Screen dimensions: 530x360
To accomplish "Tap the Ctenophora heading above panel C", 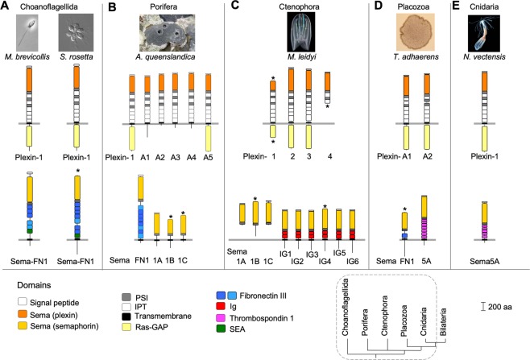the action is (299, 6).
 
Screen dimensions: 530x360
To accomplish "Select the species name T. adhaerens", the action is (416, 56).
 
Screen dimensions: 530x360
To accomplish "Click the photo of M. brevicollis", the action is (27, 32).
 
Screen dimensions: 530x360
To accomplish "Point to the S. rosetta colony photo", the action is (76, 32).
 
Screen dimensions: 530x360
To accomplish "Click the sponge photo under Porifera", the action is (167, 33).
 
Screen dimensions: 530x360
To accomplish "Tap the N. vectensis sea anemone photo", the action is (483, 33).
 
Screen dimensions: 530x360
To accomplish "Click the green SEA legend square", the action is (221, 329).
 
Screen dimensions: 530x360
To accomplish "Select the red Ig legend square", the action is (221, 306).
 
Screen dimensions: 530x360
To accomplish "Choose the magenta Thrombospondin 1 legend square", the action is (221, 318).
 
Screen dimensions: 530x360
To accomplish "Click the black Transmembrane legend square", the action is (126, 317).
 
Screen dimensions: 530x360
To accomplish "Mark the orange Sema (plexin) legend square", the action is (23, 315).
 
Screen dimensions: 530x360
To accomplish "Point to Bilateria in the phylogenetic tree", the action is (443, 321).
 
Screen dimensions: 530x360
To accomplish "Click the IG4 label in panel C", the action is (325, 261).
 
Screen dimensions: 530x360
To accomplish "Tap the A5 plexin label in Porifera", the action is (208, 158).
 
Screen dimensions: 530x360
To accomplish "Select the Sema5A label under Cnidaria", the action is (485, 261).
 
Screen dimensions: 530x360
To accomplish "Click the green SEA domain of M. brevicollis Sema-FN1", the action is (30, 231).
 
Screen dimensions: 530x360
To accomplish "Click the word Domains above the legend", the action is (34, 285).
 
